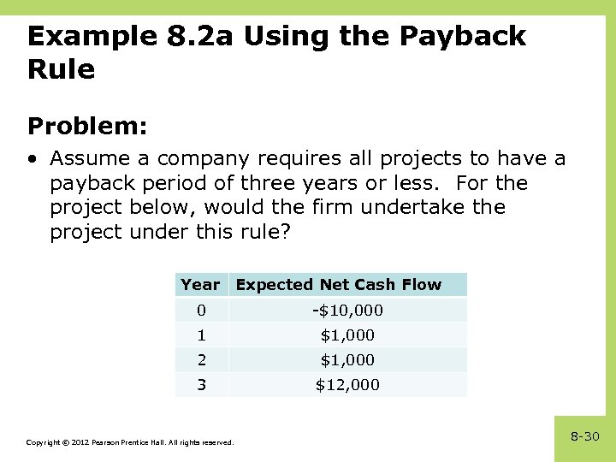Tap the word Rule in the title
tap(61, 69)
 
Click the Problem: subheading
tap(87, 127)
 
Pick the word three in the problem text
tap(273, 183)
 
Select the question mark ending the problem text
tap(286, 232)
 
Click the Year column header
tap(200, 285)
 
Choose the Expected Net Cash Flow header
tap(338, 285)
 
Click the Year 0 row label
tap(201, 310)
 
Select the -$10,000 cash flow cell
tap(347, 310)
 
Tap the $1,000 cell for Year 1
tap(347, 335)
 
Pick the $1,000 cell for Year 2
tap(347, 360)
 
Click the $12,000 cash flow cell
tap(347, 385)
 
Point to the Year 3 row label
tap(201, 385)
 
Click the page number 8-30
tap(585, 437)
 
